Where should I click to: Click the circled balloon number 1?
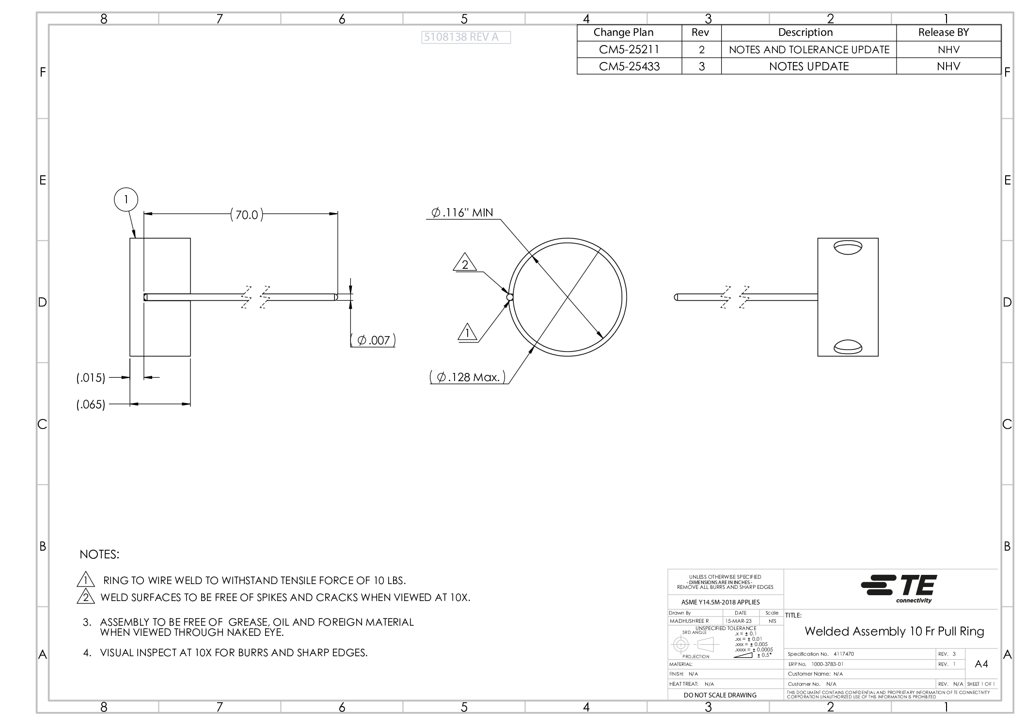pyautogui.click(x=126, y=200)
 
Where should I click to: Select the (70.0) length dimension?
pyautogui.click(x=247, y=215)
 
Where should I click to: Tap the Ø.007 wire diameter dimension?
pyautogui.click(x=373, y=340)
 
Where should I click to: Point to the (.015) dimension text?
pyautogui.click(x=91, y=378)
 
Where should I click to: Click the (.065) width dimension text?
pyautogui.click(x=91, y=404)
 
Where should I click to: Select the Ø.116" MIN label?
pyautogui.click(x=462, y=213)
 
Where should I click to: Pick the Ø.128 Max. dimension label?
pyautogui.click(x=468, y=377)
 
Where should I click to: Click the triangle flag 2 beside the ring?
pyautogui.click(x=465, y=263)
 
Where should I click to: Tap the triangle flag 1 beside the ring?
pyautogui.click(x=467, y=333)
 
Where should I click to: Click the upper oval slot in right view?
pyautogui.click(x=848, y=247)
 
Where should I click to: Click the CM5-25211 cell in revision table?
pyautogui.click(x=629, y=49)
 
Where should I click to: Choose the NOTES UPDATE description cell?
pyautogui.click(x=808, y=66)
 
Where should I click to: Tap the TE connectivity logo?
pyautogui.click(x=899, y=588)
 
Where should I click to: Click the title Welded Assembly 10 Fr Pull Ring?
pyautogui.click(x=894, y=631)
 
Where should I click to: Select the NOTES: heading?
pyautogui.click(x=99, y=555)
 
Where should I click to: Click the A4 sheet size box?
pyautogui.click(x=981, y=664)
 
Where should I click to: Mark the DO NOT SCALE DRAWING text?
pyautogui.click(x=720, y=695)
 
